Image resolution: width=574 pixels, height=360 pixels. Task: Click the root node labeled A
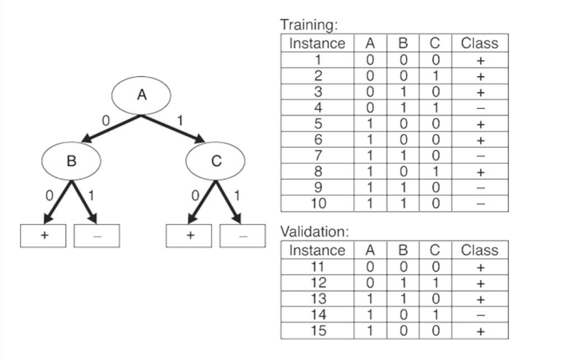(x=141, y=95)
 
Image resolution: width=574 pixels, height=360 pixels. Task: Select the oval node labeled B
(x=71, y=161)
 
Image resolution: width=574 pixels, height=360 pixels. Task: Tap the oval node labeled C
(x=215, y=161)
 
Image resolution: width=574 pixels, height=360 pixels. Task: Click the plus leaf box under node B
(x=43, y=236)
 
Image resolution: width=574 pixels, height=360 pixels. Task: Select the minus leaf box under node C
(x=242, y=236)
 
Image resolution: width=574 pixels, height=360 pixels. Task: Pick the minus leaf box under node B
(x=96, y=236)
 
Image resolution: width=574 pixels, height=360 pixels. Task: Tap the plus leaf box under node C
(x=189, y=236)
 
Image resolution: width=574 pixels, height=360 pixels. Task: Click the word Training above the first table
(x=309, y=25)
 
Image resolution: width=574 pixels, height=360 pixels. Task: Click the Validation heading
(x=314, y=231)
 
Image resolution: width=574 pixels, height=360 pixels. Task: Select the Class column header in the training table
(x=479, y=43)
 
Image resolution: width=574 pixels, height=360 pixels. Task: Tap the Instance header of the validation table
(x=317, y=250)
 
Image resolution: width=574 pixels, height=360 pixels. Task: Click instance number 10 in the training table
(x=318, y=203)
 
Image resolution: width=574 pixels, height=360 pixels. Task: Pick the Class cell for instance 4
(x=480, y=108)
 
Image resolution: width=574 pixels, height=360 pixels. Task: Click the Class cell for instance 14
(x=480, y=315)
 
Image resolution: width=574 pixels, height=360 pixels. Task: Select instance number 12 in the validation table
(x=318, y=283)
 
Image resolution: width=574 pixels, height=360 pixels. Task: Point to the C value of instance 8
(x=435, y=172)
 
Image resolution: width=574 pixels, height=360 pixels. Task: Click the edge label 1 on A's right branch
(x=180, y=119)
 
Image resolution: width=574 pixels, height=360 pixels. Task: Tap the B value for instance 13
(x=402, y=299)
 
